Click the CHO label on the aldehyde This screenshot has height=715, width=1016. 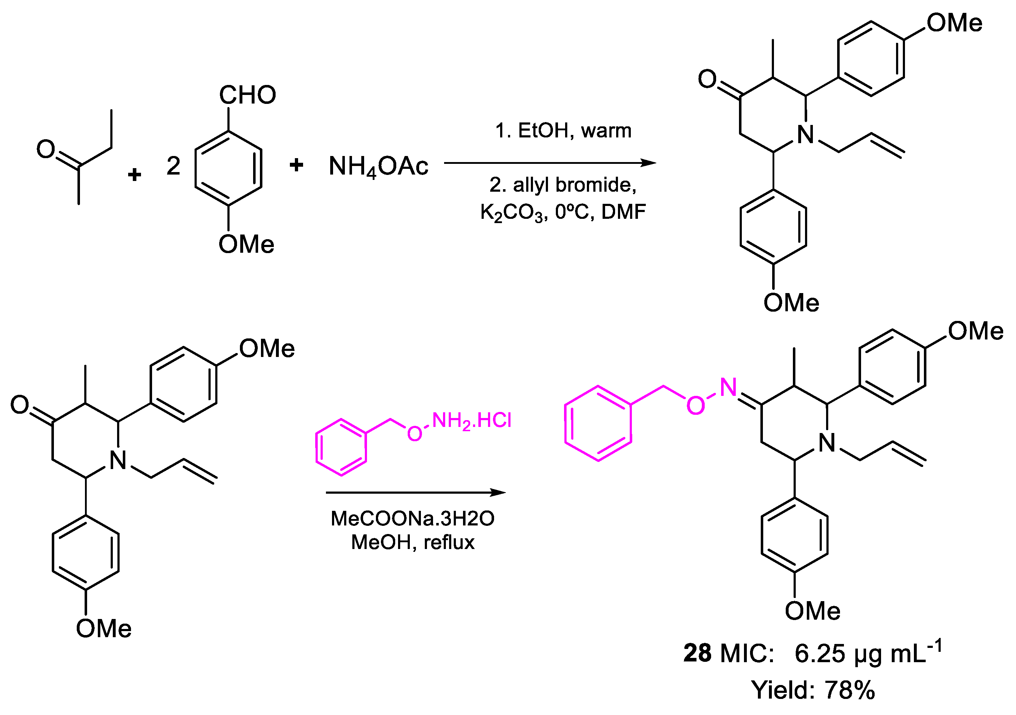click(x=247, y=95)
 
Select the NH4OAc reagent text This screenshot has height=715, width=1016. click(x=378, y=167)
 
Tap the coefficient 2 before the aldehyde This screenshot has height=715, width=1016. click(x=173, y=166)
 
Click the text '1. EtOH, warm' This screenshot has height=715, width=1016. click(x=563, y=131)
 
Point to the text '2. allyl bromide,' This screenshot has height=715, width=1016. click(x=563, y=185)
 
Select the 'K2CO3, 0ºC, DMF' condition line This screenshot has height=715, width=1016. click(x=563, y=212)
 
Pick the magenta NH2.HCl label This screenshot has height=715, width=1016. click(x=472, y=421)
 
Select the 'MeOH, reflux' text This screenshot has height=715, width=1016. click(x=412, y=542)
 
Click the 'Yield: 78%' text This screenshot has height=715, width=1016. click(x=813, y=690)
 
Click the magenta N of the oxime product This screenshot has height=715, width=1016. click(x=728, y=387)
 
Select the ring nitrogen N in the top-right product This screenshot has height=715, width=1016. click(x=806, y=135)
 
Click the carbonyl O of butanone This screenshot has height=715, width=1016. click(x=46, y=149)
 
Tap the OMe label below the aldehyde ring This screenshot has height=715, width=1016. click(x=246, y=244)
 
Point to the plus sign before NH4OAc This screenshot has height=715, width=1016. click(x=296, y=165)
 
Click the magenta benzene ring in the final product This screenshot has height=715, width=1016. click(x=598, y=423)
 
